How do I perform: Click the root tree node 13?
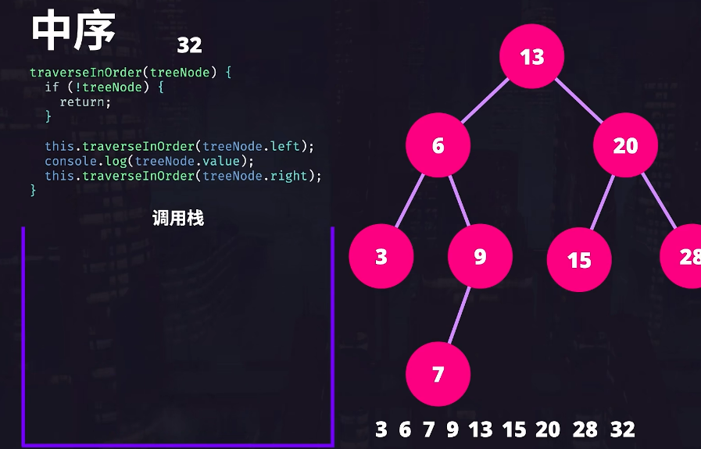point(532,56)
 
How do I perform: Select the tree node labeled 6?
point(438,145)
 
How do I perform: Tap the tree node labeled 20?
point(625,145)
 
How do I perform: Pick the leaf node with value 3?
point(381,257)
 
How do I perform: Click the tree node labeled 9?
point(480,257)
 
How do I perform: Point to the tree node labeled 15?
point(579,259)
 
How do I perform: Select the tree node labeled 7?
point(438,373)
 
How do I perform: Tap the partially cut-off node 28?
point(684,256)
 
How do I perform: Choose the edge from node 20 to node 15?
point(602,201)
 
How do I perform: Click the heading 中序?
point(73,31)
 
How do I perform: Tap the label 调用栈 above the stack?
point(178,219)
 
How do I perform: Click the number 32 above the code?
point(189,45)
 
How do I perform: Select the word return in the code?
point(85,102)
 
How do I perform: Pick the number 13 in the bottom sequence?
point(481,429)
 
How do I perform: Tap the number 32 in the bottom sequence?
point(623,429)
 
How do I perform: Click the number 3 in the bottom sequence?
point(381,429)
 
